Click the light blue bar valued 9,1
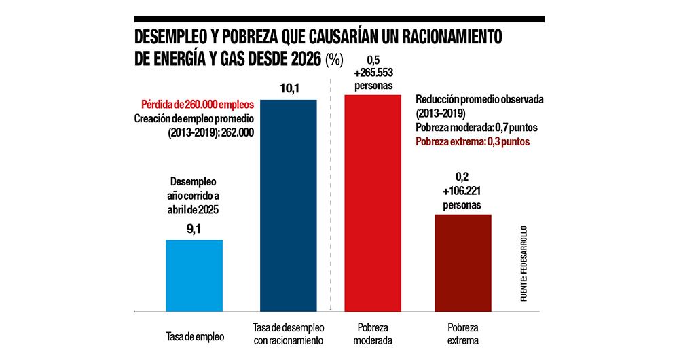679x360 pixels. point(194,276)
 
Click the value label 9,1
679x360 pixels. point(194,230)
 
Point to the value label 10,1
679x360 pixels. point(289,89)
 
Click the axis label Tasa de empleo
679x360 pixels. point(195,336)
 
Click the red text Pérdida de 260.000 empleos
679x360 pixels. point(198,105)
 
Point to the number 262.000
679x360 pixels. point(235,133)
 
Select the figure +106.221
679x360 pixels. point(462,191)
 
